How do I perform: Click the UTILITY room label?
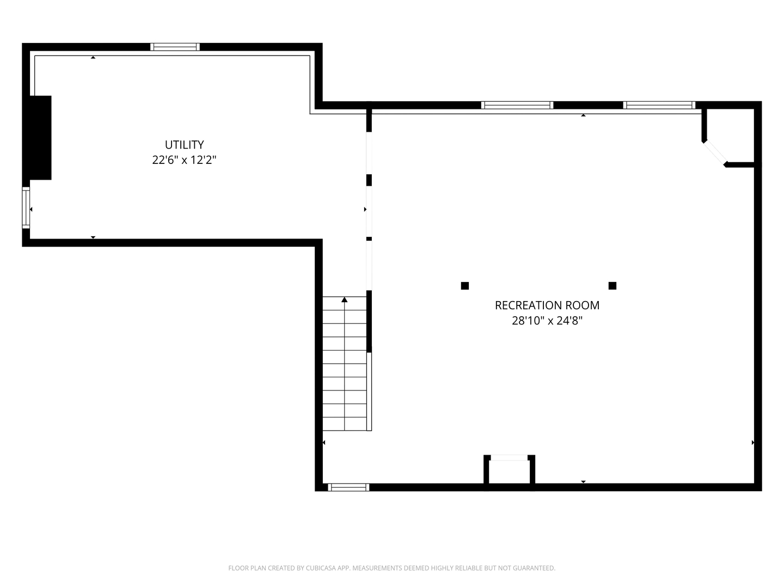(184, 145)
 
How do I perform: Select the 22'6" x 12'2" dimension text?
(184, 160)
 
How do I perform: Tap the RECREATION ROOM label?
(547, 305)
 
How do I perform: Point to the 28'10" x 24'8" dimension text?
(547, 321)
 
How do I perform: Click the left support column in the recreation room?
(465, 286)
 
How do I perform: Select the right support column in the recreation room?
(612, 286)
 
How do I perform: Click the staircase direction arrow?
(344, 299)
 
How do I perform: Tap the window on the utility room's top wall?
(175, 47)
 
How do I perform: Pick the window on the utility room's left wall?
(26, 209)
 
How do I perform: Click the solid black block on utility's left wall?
(40, 138)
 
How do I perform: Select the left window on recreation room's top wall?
(517, 105)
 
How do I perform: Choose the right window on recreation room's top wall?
(659, 105)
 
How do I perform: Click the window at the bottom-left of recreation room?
(348, 487)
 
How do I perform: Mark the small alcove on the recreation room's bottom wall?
(509, 471)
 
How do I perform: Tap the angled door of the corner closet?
(715, 153)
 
